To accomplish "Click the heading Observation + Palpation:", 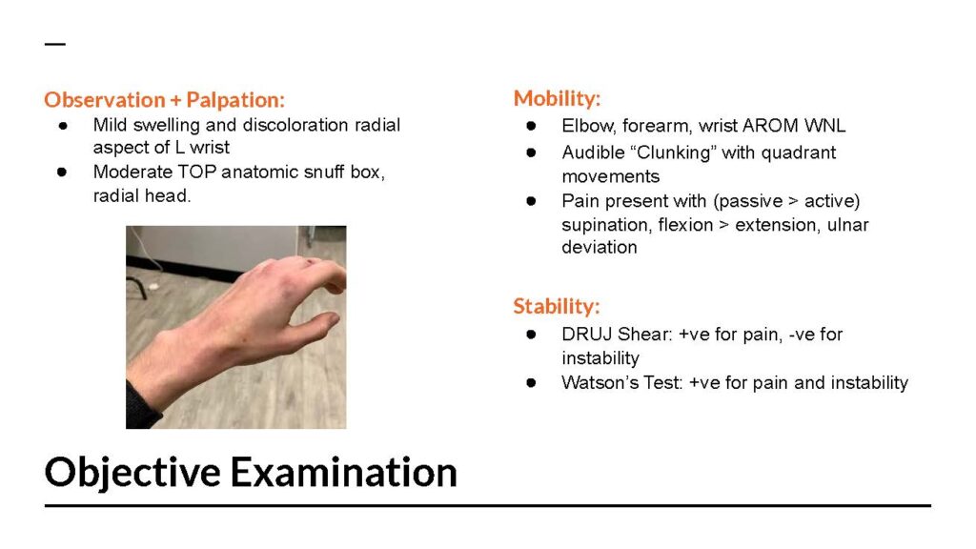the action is coord(164,99).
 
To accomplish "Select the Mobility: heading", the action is coord(557,98).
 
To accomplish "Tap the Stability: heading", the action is coord(557,306).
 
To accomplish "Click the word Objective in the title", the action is coord(132,472).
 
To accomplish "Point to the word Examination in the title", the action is coord(344,472).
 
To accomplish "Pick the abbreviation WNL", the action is coord(824,126).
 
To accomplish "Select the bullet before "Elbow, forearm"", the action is coord(531,126).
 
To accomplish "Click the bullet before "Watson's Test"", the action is coord(531,382).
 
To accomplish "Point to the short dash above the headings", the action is coord(54,44).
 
